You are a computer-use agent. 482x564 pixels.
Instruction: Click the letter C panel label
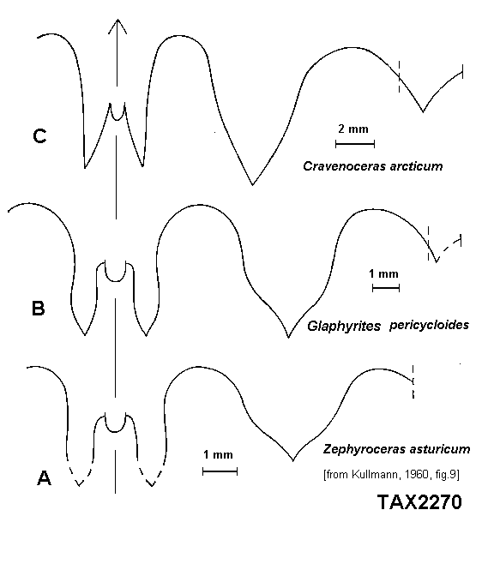pyautogui.click(x=39, y=136)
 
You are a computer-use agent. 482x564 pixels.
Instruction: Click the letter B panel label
pyautogui.click(x=39, y=309)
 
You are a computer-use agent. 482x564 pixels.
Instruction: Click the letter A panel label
pyautogui.click(x=44, y=478)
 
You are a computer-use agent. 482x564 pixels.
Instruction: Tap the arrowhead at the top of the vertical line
pyautogui.click(x=117, y=25)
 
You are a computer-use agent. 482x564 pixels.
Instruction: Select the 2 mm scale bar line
pyautogui.click(x=355, y=144)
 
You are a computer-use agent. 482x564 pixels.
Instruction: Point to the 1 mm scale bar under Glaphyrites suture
pyautogui.click(x=386, y=288)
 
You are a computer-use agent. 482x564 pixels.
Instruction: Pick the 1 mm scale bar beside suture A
pyautogui.click(x=220, y=471)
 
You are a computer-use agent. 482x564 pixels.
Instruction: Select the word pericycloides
pyautogui.click(x=429, y=325)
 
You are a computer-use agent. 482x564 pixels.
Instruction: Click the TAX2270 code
pyautogui.click(x=419, y=501)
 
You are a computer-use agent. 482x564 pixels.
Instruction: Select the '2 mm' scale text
pyautogui.click(x=353, y=129)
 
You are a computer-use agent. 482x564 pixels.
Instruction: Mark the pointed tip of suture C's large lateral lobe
pyautogui.click(x=252, y=185)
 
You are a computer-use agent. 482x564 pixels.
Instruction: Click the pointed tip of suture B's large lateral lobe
pyautogui.click(x=288, y=338)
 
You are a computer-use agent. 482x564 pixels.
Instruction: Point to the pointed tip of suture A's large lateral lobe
pyautogui.click(x=293, y=460)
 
